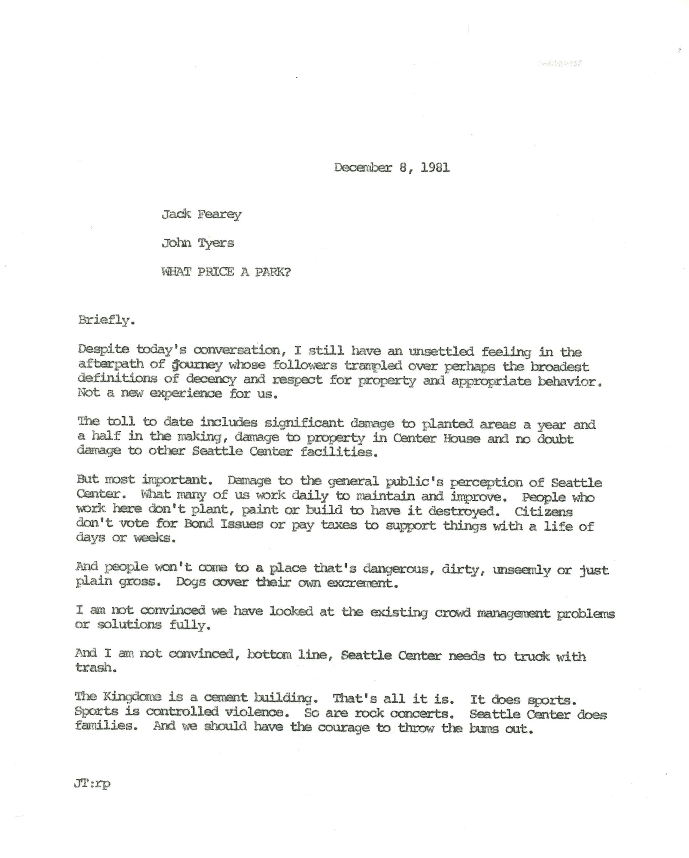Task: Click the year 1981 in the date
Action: click(435, 167)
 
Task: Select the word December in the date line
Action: click(363, 167)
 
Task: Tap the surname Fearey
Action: click(219, 214)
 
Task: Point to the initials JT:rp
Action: click(92, 784)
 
